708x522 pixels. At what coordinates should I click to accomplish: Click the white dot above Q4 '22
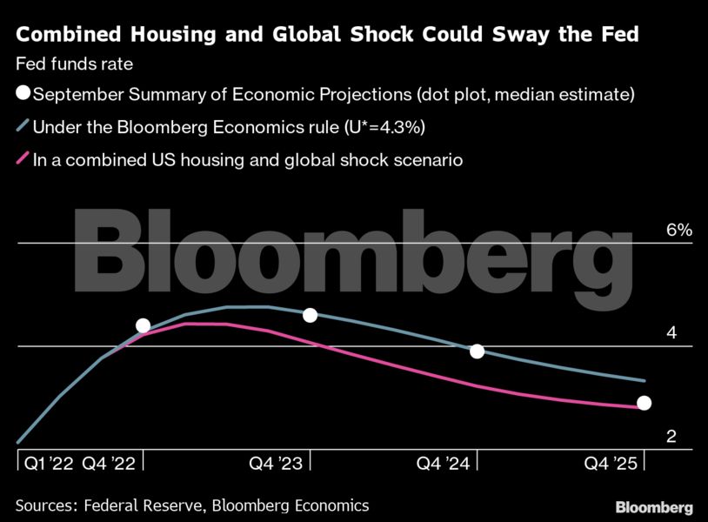144,326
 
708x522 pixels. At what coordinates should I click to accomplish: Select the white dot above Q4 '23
311,315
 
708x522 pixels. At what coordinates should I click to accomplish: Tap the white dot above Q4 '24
477,351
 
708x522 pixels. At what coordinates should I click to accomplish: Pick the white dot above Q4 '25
644,403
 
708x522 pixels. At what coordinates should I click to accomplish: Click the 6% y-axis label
678,231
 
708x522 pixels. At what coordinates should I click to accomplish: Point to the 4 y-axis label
671,334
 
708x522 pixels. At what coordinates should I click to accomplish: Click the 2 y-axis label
671,437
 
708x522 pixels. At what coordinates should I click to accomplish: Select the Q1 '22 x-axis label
47,464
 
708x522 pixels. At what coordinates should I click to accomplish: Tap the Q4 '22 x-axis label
109,464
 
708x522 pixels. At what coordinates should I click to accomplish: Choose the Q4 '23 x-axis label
276,464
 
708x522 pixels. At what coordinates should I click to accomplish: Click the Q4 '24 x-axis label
443,464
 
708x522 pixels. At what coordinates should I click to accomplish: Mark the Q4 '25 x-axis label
610,464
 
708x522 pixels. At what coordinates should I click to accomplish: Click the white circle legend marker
23,93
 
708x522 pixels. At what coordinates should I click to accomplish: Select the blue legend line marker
23,127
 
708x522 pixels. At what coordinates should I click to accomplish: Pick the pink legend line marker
23,160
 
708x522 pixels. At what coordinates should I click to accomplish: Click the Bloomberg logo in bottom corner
654,507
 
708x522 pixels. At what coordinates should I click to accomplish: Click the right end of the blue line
645,380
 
